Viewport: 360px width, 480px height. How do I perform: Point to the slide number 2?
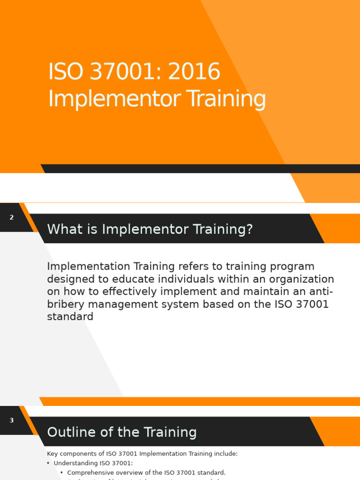(12, 217)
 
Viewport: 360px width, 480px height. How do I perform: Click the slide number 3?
(12, 420)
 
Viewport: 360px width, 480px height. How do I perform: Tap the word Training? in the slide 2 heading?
(221, 229)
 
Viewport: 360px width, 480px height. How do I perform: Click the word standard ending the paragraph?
(70, 317)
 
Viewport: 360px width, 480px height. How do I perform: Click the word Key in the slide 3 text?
(52, 454)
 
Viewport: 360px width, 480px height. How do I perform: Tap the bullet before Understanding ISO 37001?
(48, 463)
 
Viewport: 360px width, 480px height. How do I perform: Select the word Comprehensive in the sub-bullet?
(91, 472)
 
